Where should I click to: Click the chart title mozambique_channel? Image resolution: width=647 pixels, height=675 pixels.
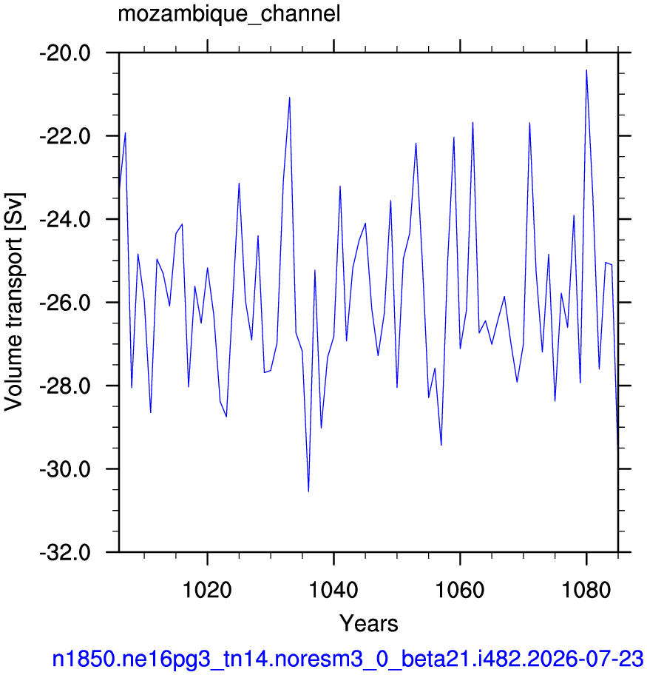tap(229, 14)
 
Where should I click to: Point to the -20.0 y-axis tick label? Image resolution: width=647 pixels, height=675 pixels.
tap(65, 53)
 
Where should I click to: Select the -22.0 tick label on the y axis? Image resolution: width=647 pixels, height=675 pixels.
tap(65, 136)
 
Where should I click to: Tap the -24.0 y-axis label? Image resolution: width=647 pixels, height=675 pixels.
tap(65, 220)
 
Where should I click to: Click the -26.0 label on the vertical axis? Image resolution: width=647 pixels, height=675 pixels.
tap(65, 303)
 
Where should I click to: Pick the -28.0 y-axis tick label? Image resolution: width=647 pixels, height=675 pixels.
tap(65, 386)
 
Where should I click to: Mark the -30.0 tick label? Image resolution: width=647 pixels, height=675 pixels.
tap(65, 469)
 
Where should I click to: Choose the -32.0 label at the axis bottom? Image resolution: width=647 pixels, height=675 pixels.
tap(65, 552)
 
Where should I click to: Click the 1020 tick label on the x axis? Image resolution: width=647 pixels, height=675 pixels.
tap(207, 589)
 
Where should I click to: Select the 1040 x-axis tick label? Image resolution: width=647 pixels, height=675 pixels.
tap(333, 589)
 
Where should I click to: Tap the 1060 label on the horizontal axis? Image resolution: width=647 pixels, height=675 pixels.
tap(461, 589)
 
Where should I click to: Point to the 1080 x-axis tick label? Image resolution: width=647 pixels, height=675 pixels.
tap(586, 589)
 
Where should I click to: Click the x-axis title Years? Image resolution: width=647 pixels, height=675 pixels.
tap(369, 623)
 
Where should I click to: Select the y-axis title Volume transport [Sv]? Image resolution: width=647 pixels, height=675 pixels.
tap(13, 302)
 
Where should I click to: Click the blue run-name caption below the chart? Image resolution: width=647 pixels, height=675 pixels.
tap(348, 659)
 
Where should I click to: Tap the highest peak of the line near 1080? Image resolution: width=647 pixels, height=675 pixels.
tap(586, 70)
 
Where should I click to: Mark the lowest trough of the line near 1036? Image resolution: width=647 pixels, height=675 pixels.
tap(308, 491)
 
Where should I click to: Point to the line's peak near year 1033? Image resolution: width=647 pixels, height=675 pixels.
tap(290, 98)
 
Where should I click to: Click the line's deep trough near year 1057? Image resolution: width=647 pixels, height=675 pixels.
tap(441, 445)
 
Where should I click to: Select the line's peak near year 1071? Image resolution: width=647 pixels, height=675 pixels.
tap(529, 123)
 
